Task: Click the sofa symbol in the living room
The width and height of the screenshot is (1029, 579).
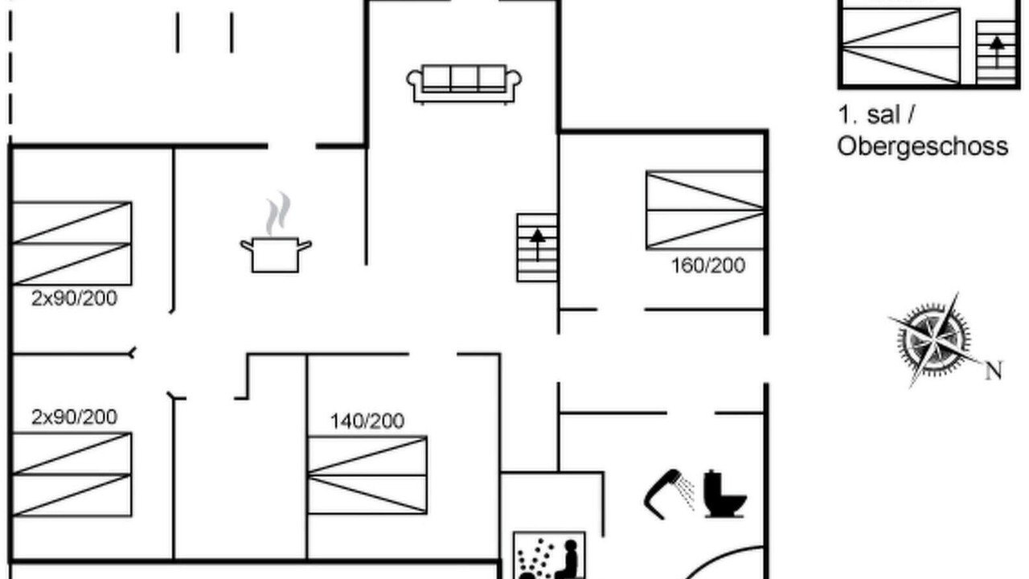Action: (x=464, y=84)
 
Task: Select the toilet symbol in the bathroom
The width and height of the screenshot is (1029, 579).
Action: (x=725, y=495)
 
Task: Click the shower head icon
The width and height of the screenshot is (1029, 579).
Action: (x=670, y=494)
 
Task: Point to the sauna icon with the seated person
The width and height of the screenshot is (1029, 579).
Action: (x=549, y=556)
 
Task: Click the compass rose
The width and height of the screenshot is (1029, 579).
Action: (x=934, y=340)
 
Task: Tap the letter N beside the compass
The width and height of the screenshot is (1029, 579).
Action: (x=994, y=371)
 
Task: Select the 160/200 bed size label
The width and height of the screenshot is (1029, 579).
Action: (x=708, y=265)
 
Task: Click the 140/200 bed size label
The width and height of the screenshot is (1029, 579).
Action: (x=367, y=421)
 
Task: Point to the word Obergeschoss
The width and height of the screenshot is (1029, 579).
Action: (x=922, y=146)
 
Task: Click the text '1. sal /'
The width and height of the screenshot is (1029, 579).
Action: (x=876, y=114)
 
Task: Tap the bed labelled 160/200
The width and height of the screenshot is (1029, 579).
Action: (x=705, y=210)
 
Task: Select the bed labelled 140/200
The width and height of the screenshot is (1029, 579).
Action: (x=367, y=474)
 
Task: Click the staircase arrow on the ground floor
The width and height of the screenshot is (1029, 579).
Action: (x=538, y=245)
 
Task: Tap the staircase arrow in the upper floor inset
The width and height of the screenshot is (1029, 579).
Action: (x=996, y=52)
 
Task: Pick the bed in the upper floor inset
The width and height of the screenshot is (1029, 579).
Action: (x=901, y=47)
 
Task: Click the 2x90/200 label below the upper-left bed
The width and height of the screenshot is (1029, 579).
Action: (x=75, y=298)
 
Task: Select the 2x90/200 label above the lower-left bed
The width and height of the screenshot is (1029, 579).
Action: (x=75, y=417)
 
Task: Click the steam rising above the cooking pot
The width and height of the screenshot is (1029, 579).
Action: (x=278, y=214)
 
